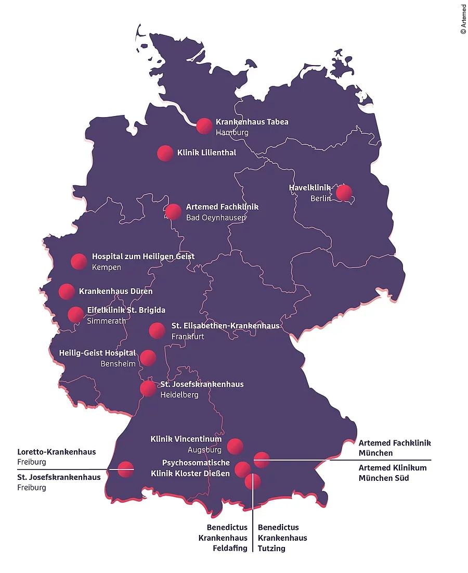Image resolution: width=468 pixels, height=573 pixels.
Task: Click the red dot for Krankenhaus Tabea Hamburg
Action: coord(204,126)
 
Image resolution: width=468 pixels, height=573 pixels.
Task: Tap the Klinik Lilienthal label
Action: coord(206,152)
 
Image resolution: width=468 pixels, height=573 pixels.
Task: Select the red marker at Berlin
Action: coord(344,193)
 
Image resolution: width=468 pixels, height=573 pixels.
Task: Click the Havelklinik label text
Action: coord(309,188)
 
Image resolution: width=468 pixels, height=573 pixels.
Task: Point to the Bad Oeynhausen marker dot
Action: coord(173,212)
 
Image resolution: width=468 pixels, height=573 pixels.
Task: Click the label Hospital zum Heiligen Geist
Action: coord(143,257)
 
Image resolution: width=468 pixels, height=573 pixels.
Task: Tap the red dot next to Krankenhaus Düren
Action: coord(67,291)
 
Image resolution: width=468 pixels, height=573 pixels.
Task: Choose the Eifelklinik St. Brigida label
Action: coord(126,310)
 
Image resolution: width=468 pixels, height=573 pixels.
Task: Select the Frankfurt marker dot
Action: coord(157,330)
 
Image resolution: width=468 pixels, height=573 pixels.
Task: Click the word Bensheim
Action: coord(118,363)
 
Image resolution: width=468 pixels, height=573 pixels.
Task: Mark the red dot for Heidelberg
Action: coord(148,389)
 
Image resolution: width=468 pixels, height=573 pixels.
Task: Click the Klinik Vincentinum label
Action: coord(186,439)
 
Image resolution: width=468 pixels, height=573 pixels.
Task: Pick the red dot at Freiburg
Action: coord(125,469)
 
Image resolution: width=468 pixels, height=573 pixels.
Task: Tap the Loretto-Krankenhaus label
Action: coord(57,452)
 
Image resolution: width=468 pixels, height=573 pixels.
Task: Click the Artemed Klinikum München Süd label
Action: coord(392,473)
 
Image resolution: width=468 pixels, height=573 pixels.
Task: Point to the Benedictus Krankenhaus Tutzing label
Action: coord(282,538)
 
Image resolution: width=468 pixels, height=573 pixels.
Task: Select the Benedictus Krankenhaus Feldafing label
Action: coord(223,538)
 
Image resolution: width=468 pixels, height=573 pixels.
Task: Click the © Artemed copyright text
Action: coord(463,19)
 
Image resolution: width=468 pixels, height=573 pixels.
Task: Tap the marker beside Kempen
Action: coord(79,262)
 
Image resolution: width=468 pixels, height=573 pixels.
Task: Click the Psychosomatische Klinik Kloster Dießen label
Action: coord(190,468)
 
